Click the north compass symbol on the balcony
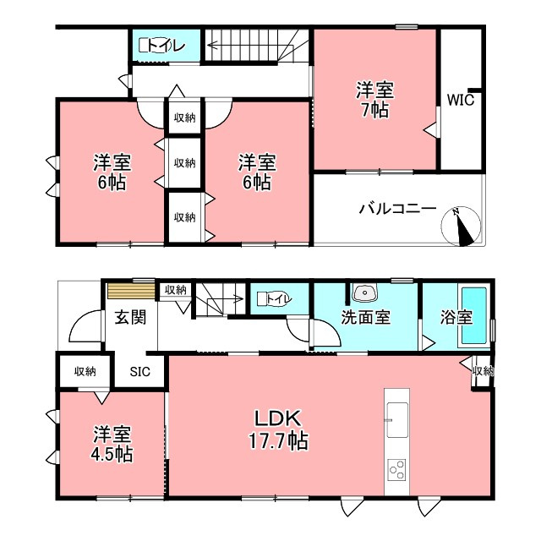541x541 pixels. [461, 227]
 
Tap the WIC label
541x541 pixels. [461, 100]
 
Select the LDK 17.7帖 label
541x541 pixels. [278, 429]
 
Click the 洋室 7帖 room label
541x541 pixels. [375, 100]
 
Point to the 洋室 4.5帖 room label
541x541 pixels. [112, 445]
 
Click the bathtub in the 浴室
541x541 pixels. [474, 315]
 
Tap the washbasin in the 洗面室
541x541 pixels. [364, 292]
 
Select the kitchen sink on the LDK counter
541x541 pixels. [396, 419]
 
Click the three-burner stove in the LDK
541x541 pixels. [396, 470]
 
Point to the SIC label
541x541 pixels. [140, 372]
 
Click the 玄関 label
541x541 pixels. [130, 317]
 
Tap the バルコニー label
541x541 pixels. [398, 209]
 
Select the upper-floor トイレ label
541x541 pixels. [167, 46]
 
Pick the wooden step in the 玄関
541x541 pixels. [131, 291]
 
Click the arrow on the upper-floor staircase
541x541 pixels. [251, 46]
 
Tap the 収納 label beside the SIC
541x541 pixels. [85, 372]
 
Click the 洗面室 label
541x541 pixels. [366, 317]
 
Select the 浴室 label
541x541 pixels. [456, 317]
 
